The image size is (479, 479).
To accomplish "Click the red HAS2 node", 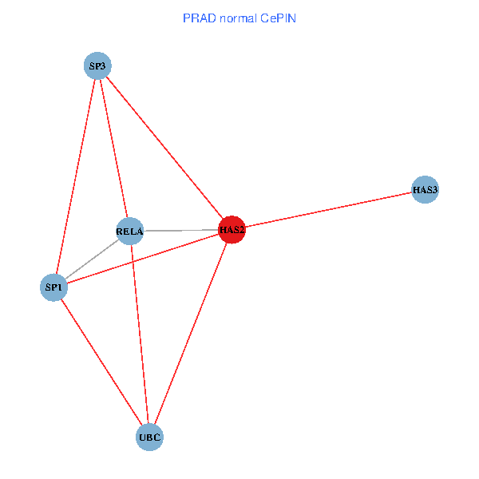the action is pos(232,230).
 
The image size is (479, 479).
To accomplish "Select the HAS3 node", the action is pos(426,190).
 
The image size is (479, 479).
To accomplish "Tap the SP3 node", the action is pos(97,65).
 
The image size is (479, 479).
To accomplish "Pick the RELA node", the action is pos(129,232).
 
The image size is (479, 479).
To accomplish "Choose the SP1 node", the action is pos(53,287).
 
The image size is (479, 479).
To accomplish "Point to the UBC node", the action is pos(150,437).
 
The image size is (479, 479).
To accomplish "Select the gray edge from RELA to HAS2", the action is pos(180,231).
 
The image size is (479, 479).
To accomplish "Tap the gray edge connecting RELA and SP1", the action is pos(92,259).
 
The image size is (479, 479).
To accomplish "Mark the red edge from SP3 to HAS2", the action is pos(164,148).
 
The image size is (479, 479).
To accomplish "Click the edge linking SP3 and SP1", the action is pos(76,176).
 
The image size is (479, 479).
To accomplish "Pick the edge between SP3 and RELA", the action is pos(113,148).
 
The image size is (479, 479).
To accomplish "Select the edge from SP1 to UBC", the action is pos(101,362).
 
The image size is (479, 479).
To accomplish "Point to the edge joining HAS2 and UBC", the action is pos(191,334).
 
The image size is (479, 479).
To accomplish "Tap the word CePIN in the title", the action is pos(278,18).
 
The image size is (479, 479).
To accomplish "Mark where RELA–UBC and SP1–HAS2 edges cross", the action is pos(133,262).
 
